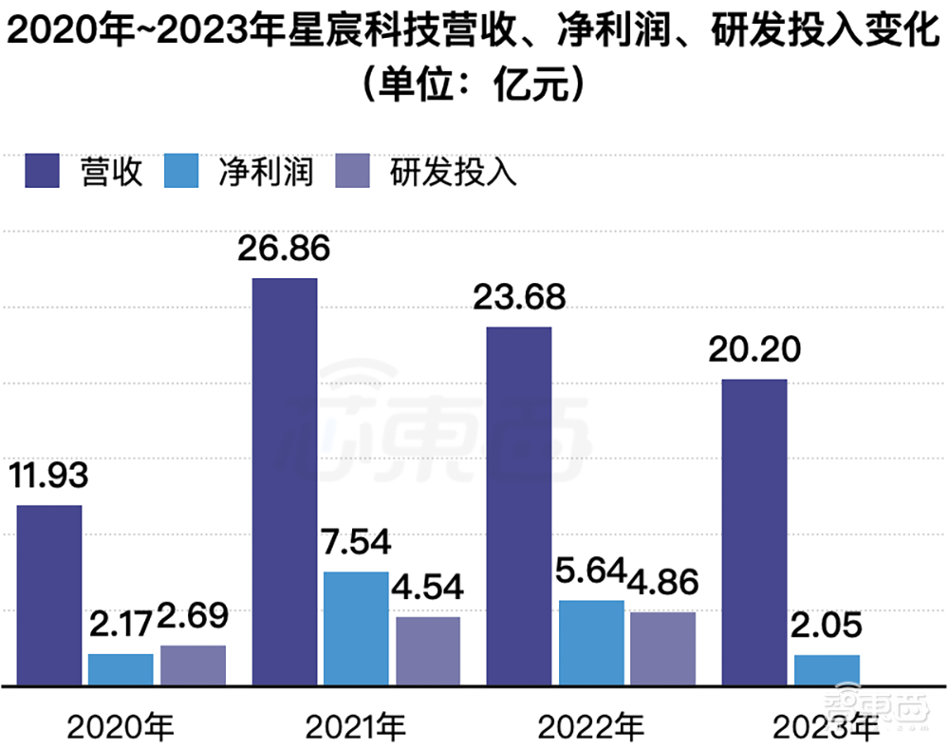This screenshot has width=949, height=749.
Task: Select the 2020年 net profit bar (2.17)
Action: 121,669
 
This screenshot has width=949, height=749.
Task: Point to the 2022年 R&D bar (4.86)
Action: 663,648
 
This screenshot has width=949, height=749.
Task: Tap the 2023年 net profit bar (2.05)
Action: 827,670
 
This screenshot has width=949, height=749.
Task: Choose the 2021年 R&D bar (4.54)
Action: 428,651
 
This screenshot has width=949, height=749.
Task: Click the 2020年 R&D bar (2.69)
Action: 194,665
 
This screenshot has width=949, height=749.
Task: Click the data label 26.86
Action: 284,250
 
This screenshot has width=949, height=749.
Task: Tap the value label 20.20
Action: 754,350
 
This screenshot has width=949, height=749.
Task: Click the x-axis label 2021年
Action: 356,728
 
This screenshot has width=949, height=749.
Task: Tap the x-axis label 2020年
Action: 121,728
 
